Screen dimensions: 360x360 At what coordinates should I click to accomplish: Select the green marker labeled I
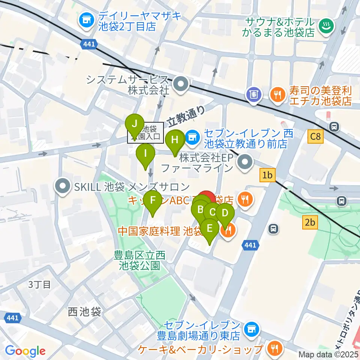145,153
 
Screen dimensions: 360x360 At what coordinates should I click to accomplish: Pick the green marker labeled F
152,200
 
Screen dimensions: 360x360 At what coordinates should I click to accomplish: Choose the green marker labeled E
209,228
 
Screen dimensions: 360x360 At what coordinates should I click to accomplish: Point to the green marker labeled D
225,213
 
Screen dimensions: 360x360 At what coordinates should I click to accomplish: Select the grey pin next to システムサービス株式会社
181,84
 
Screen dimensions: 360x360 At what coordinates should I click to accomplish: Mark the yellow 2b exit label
310,223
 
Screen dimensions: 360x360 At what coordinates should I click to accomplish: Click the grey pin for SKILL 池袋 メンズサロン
62,186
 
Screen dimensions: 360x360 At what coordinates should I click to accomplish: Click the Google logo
25,351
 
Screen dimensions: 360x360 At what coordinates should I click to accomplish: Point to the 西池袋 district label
84,312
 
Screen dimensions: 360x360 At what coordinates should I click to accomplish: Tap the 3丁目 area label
39,284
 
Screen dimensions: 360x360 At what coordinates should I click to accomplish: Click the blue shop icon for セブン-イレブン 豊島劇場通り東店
250,329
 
